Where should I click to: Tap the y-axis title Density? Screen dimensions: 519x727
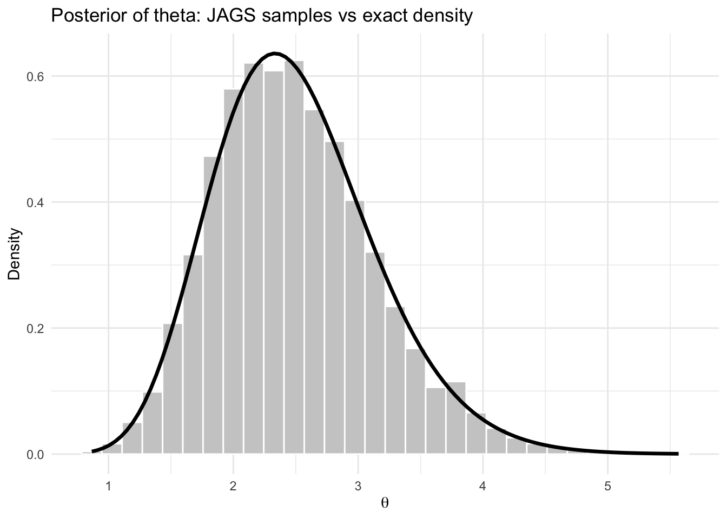(x=15, y=254)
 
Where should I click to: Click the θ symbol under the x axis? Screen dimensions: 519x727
(x=385, y=503)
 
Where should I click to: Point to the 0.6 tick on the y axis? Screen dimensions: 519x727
(x=36, y=76)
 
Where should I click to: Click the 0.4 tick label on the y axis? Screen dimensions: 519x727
(x=36, y=202)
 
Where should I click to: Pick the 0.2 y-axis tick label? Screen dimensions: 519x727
(x=36, y=328)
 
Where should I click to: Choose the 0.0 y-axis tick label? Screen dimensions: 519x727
(x=36, y=454)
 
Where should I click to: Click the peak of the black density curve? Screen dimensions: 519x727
(x=275, y=54)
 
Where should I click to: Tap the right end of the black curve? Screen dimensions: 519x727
(x=677, y=454)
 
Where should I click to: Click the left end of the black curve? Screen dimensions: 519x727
(x=92, y=451)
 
